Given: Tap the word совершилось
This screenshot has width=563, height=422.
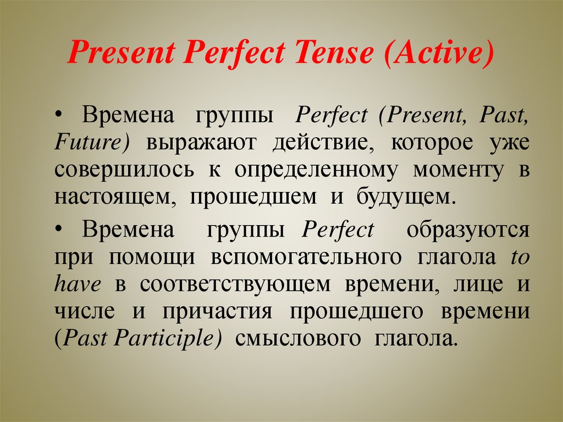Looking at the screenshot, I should pyautogui.click(x=124, y=169).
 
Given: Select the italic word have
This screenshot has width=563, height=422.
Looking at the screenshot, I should pyautogui.click(x=78, y=284).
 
